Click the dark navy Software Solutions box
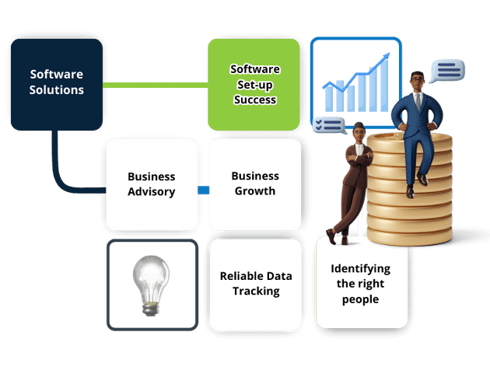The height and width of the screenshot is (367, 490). click(56, 82)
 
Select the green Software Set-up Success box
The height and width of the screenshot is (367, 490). click(254, 84)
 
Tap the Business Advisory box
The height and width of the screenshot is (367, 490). click(151, 184)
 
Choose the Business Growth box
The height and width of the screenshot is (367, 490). click(254, 184)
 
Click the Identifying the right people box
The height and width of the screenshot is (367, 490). click(361, 283)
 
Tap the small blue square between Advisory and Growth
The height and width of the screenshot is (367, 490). click(204, 190)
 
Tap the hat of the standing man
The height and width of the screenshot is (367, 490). click(359, 127)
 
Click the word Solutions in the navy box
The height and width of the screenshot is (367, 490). click(57, 89)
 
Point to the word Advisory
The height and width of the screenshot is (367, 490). click(151, 192)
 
